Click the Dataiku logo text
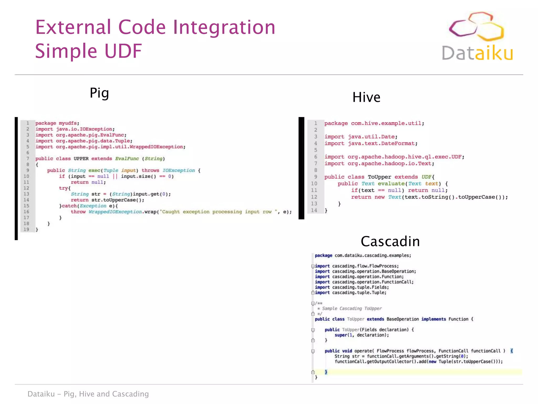[x=477, y=53]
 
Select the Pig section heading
[x=99, y=93]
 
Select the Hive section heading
[x=366, y=97]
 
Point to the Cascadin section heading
[x=390, y=241]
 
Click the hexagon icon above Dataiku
[x=476, y=26]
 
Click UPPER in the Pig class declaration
[x=81, y=159]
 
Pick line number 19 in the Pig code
[x=26, y=229]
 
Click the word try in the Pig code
[x=63, y=188]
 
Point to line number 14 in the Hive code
[x=314, y=210]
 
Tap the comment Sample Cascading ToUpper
[x=352, y=309]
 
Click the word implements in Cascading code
[x=433, y=319]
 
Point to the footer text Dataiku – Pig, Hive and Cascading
[x=88, y=394]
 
